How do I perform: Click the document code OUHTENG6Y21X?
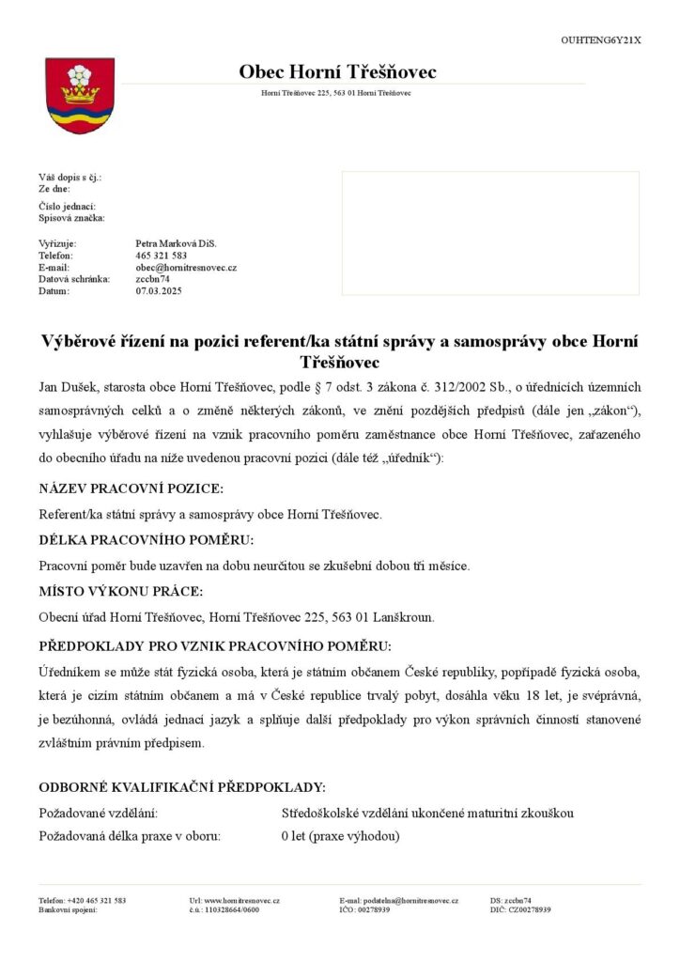pos(601,40)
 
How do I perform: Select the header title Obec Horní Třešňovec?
pos(337,72)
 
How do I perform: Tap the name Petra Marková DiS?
pos(176,242)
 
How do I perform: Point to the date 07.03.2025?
pos(159,291)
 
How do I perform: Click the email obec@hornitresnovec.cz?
pos(186,267)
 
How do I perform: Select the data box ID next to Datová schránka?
pos(152,279)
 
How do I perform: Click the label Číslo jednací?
pos(67,206)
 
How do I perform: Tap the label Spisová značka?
pos(71,218)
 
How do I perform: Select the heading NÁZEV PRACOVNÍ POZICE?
pos(131,489)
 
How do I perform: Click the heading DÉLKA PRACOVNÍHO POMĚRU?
pos(146,540)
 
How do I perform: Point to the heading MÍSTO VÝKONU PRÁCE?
pos(120,592)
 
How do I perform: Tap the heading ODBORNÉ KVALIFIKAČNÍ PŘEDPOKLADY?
pos(182,786)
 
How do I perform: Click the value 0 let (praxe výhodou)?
pos(340,836)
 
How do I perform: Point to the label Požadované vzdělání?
pos(98,813)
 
